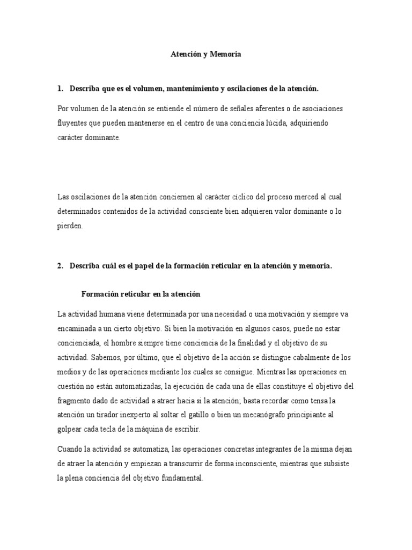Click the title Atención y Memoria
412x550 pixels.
coord(205,54)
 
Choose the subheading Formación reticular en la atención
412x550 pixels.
coord(140,294)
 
